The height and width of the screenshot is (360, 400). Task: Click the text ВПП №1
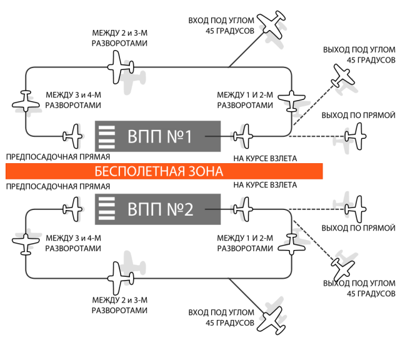pos(159,136)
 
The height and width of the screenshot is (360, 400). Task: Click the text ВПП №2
pos(160,209)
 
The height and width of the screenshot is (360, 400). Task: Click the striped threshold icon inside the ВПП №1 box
pos(107,136)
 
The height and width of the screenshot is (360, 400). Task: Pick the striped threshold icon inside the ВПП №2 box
pos(107,209)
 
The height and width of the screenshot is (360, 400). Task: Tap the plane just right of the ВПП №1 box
pos(243,135)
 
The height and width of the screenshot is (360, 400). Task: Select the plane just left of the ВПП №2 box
pos(74,207)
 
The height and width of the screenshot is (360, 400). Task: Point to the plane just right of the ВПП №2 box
pos(243,207)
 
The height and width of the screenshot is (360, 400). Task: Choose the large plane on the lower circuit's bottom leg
pos(120,277)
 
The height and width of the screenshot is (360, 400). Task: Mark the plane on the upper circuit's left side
pos(26,101)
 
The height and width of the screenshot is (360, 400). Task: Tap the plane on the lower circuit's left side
pos(26,244)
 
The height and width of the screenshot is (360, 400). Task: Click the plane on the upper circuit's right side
pos(291,99)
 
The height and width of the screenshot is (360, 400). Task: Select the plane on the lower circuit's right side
pos(291,244)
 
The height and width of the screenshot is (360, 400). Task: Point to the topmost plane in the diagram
pos(272,26)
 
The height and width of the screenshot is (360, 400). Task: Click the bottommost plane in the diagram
pos(272,319)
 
